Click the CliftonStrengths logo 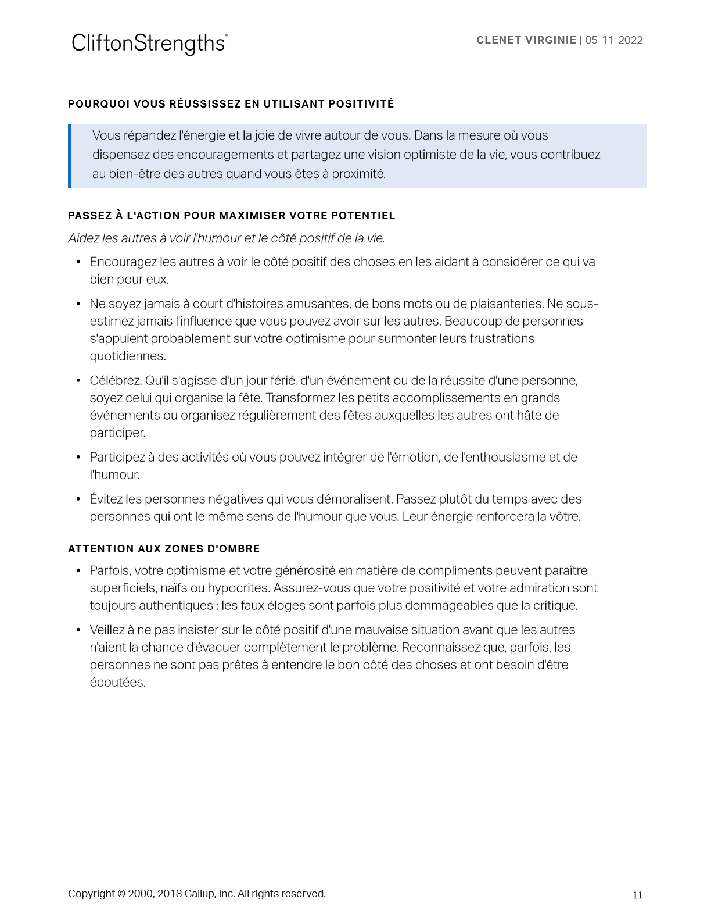[x=149, y=44]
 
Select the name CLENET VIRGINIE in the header [x=526, y=40]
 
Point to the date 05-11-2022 [x=614, y=40]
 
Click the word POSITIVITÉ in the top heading [x=361, y=104]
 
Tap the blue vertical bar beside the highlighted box [x=70, y=156]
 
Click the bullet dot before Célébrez [x=78, y=381]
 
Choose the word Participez [x=117, y=458]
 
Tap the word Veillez [x=109, y=630]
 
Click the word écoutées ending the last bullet [x=117, y=683]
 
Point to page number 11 [x=637, y=895]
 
